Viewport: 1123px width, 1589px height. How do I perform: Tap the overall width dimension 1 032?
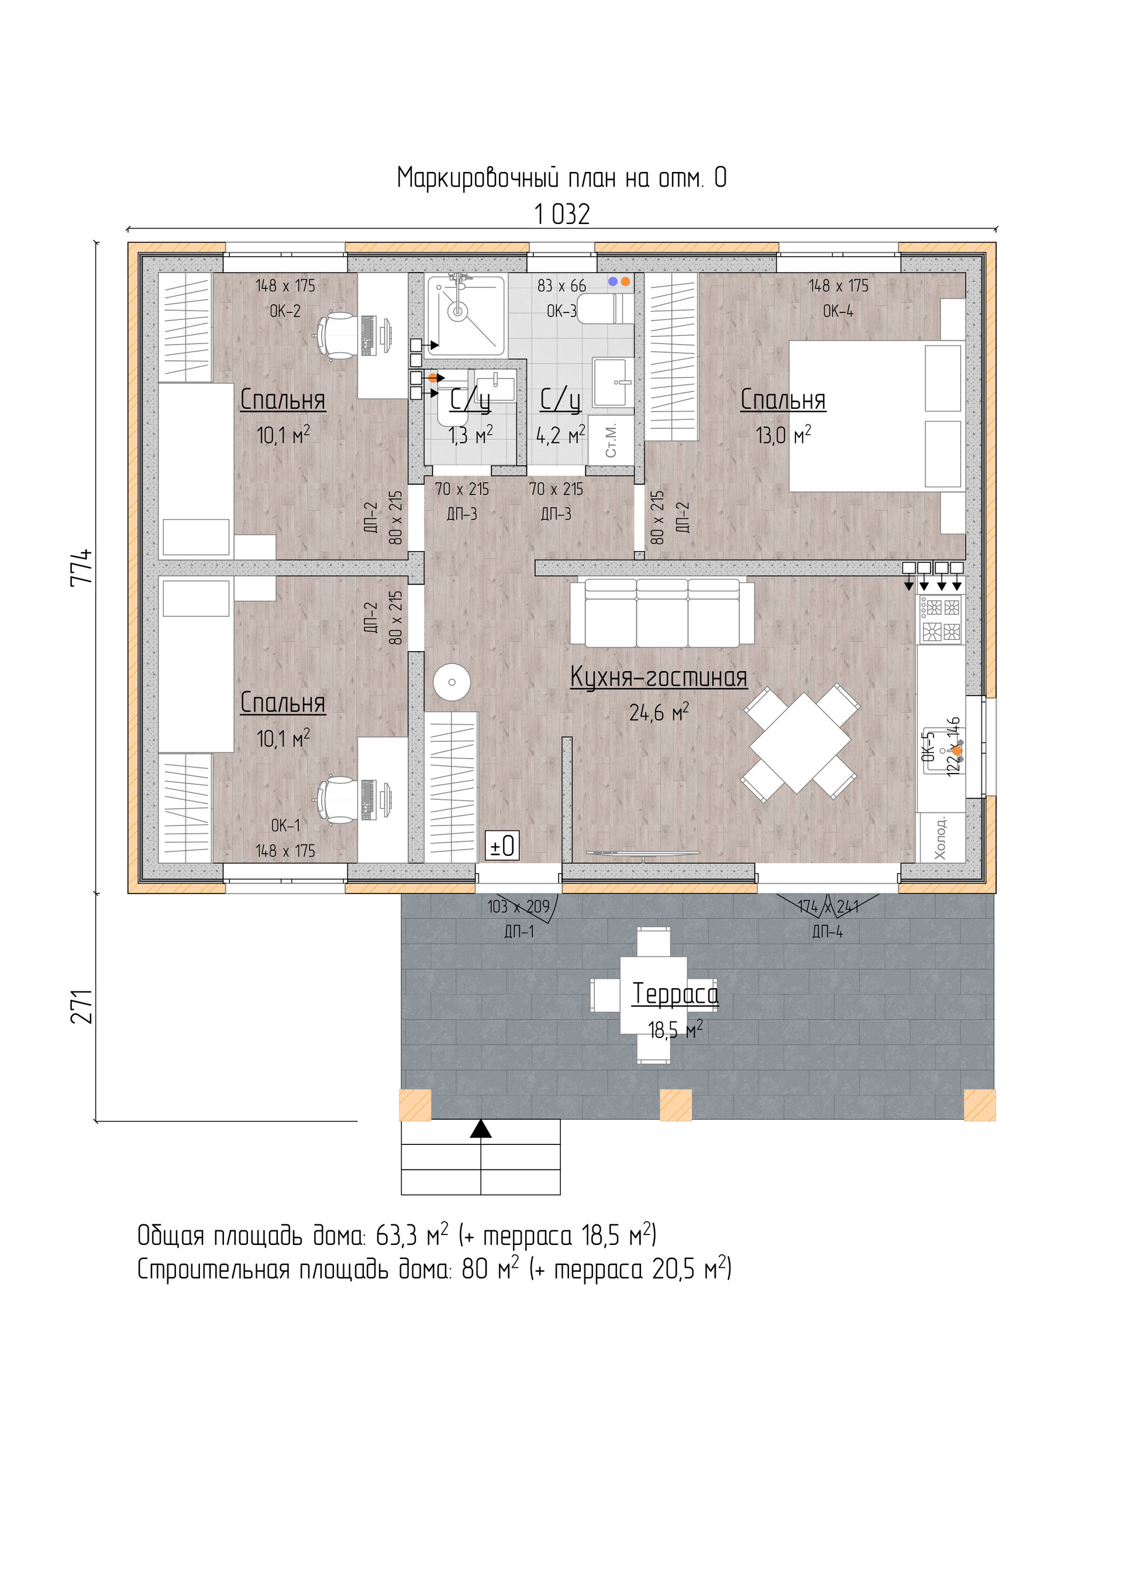pos(562,215)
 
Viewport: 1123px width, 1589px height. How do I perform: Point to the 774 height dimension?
pos(82,567)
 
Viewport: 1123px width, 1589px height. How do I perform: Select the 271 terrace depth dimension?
pos(82,1006)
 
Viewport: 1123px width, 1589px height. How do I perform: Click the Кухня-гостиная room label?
pos(658,677)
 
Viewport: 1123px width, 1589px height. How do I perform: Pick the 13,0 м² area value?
pos(783,435)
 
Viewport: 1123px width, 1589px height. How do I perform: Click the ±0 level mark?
pos(502,845)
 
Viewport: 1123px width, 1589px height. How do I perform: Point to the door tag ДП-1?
pos(519,931)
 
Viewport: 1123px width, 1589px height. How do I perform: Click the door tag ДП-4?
pos(828,931)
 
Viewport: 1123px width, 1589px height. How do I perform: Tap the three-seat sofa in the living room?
pos(662,613)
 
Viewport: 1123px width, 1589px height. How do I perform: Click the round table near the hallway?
pos(452,682)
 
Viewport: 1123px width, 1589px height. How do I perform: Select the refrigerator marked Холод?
pos(941,837)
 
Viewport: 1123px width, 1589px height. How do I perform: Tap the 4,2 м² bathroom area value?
pos(560,435)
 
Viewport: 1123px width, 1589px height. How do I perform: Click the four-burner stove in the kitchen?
pos(941,620)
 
